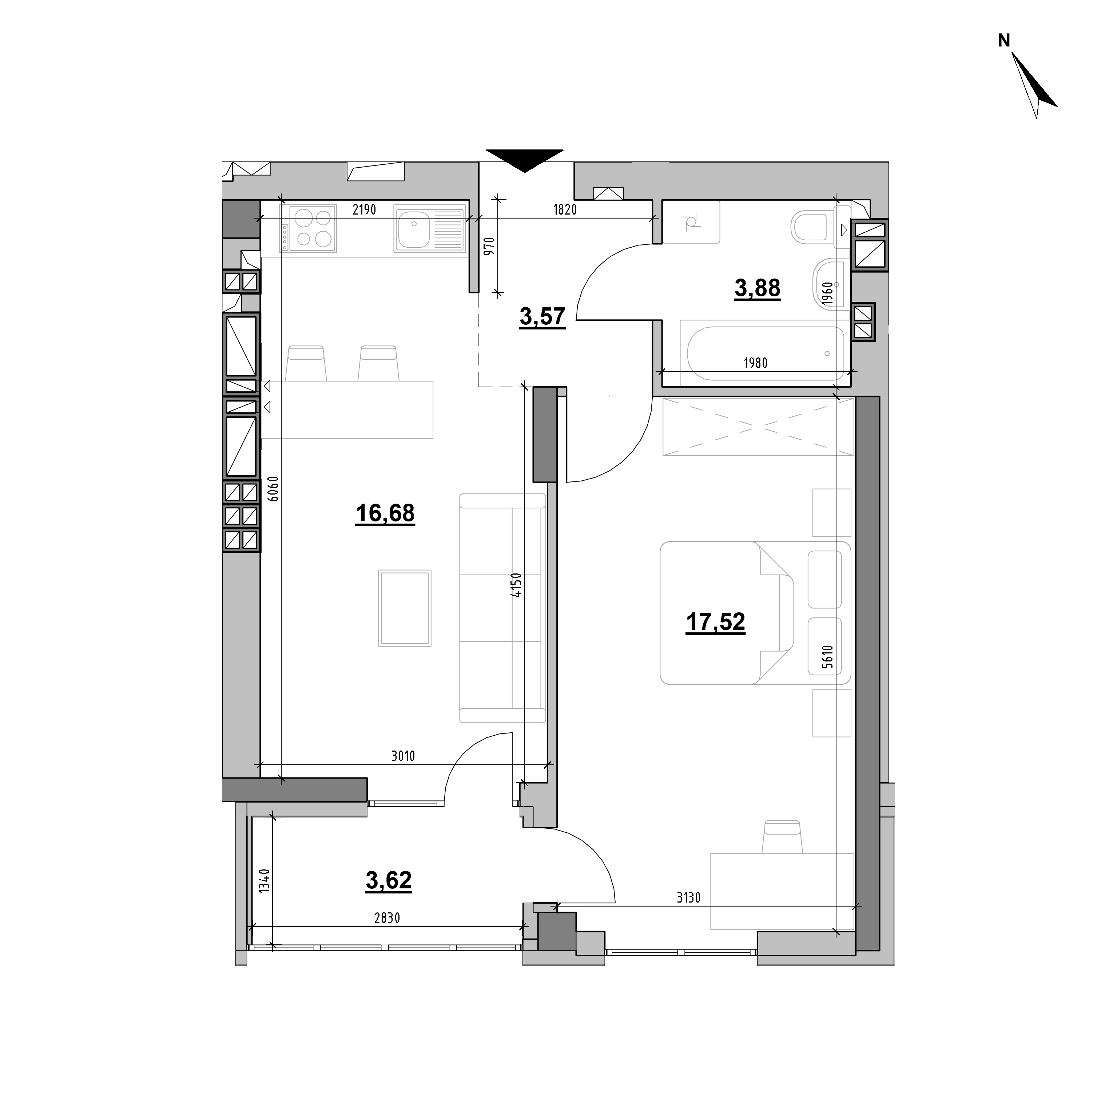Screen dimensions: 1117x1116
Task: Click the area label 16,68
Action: (385, 513)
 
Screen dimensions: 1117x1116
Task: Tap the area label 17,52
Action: (715, 623)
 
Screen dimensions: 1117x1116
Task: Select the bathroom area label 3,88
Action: (758, 288)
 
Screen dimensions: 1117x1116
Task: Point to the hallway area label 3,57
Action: (542, 317)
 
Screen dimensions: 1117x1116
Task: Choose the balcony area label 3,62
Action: (389, 880)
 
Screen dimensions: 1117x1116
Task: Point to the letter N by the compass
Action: (1004, 40)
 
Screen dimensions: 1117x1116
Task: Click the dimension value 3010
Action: (403, 756)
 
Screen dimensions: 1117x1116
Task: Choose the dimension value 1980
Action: (756, 363)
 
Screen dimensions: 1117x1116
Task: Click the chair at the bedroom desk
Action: (783, 837)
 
